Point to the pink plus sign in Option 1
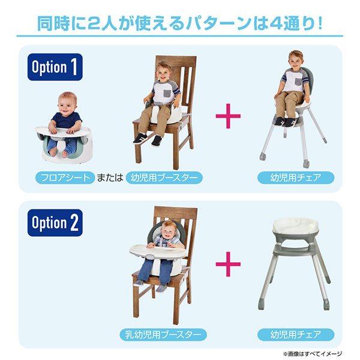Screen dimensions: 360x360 (227, 118)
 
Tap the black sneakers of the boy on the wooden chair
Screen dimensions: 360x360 (148, 140)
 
